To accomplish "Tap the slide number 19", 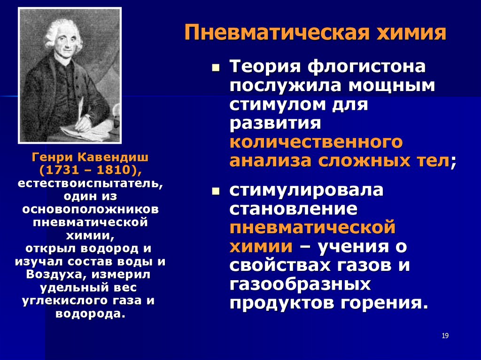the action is [445, 336].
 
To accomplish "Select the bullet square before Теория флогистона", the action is [216, 68].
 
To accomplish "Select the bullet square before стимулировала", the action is [216, 191].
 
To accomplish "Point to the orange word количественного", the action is [316, 142].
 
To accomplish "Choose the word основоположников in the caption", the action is [91, 209].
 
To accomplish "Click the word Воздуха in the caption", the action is [52, 275].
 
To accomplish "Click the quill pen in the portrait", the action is [81, 109].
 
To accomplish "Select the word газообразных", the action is [300, 284].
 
